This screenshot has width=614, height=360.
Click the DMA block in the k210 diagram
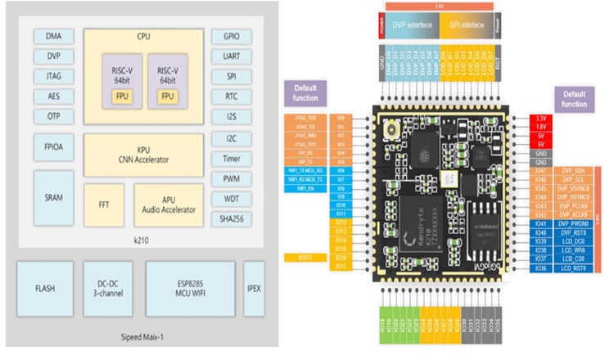[x=54, y=36]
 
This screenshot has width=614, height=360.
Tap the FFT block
[x=104, y=204]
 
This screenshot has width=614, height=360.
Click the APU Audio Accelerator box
[x=167, y=204]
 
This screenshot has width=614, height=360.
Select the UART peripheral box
[x=226, y=57]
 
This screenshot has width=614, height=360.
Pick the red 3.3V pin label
[x=540, y=119]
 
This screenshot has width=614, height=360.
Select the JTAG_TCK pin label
[x=305, y=119]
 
